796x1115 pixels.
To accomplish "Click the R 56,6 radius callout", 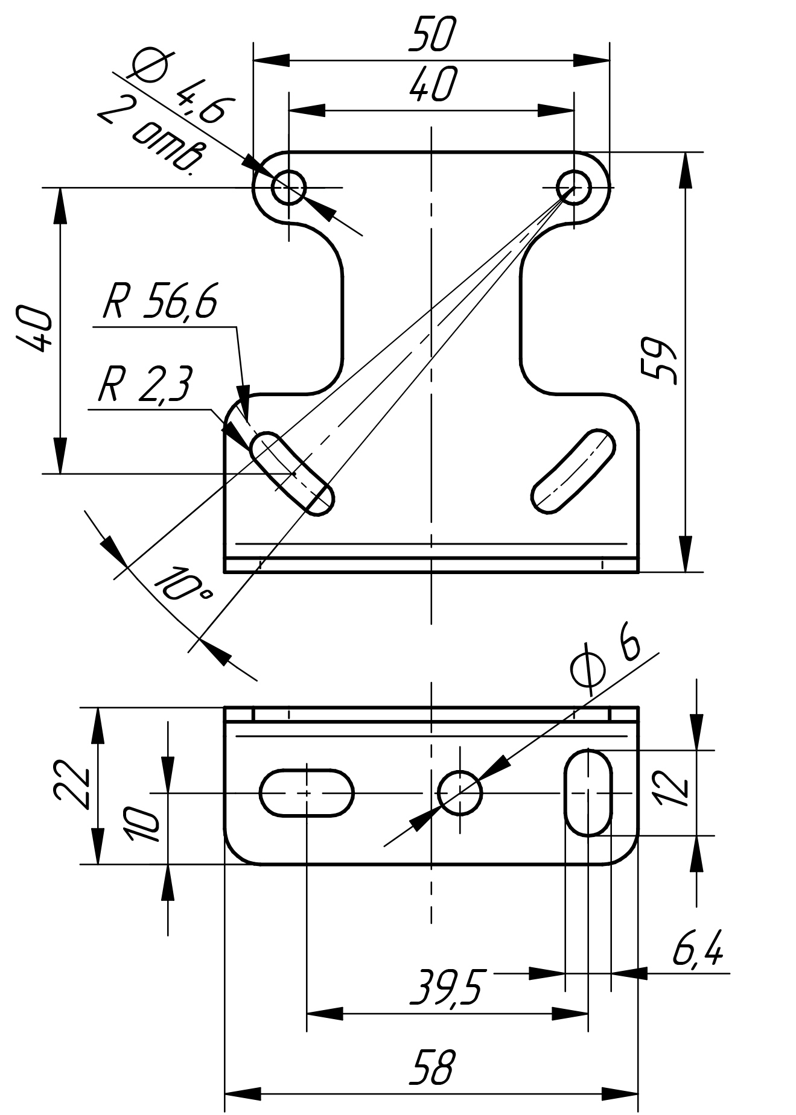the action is [159, 300].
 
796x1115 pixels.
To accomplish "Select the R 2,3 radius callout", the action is [145, 384].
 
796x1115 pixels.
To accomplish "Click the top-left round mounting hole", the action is [289, 187].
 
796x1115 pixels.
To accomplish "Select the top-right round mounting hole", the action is [573, 187].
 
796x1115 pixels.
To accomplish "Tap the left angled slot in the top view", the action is [292, 473].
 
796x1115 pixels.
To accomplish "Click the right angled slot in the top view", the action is [573, 471].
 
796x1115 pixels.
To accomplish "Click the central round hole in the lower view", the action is [460, 793].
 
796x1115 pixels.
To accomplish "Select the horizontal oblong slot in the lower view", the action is [307, 793].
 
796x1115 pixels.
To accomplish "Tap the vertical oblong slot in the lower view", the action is [588, 793].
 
